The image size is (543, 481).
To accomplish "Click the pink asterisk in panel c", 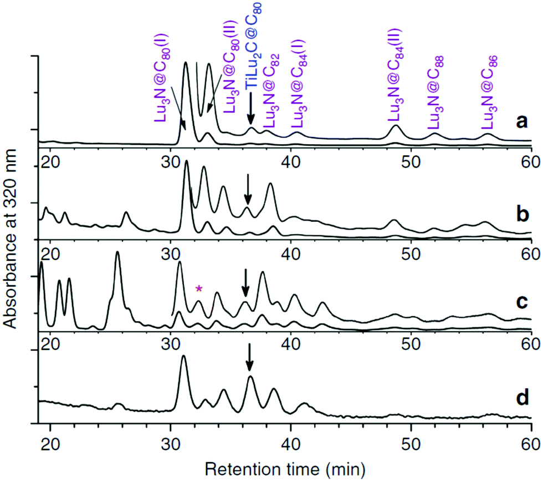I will pos(199,288).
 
